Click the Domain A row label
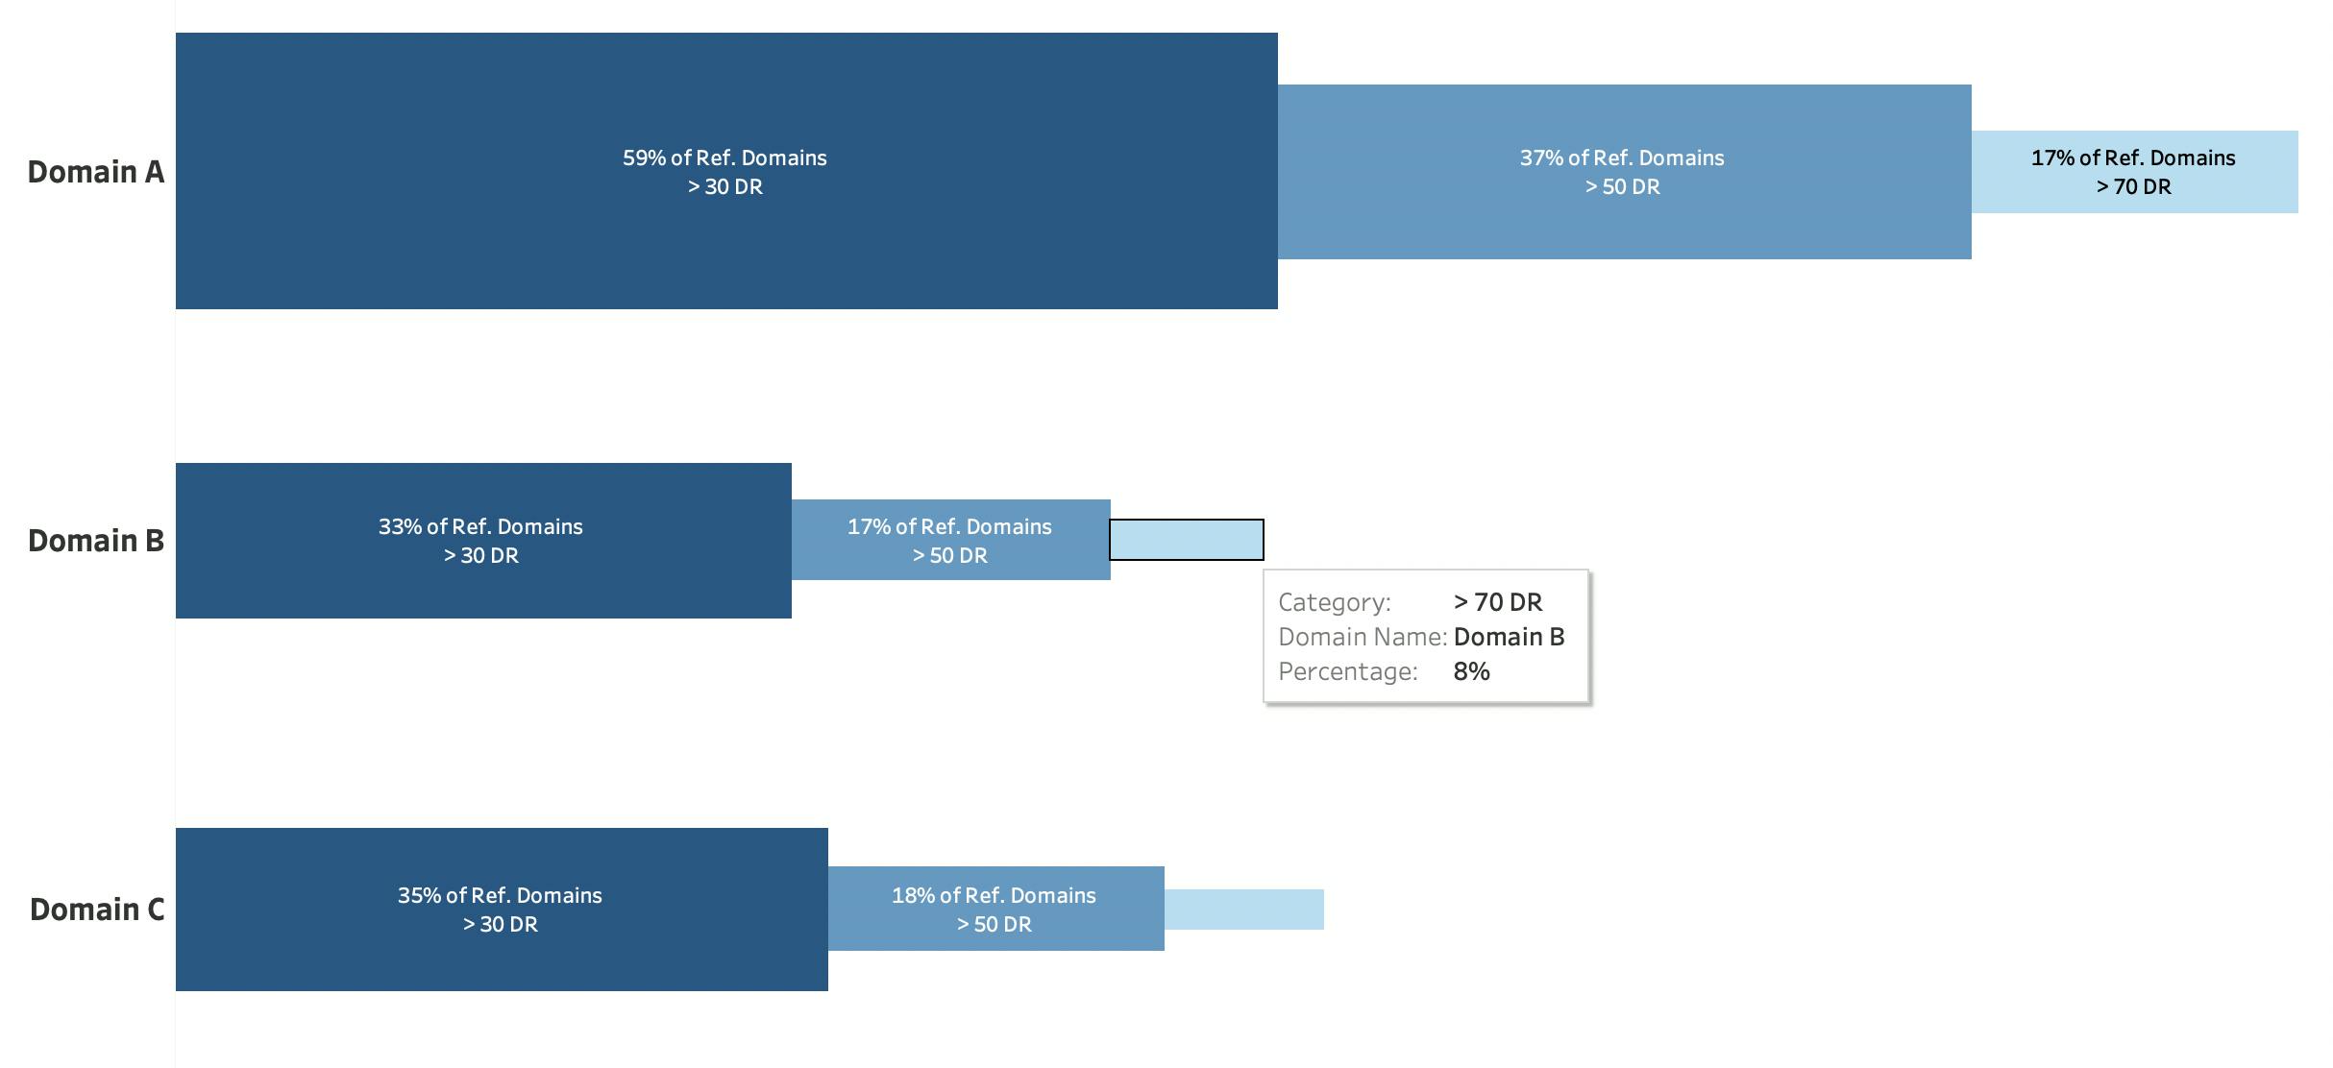point(96,172)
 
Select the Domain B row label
point(96,541)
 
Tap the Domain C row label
point(97,910)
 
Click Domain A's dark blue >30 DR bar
point(726,171)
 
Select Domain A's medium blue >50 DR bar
point(1625,172)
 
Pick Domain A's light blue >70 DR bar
point(2135,172)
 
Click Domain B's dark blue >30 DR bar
point(483,541)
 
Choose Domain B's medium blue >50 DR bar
point(951,540)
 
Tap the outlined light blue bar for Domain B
point(1187,540)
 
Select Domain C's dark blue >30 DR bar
point(502,910)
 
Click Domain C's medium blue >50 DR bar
point(996,909)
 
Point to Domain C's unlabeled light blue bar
point(1244,910)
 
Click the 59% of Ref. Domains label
point(724,158)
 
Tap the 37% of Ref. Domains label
point(1622,158)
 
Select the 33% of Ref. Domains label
point(480,526)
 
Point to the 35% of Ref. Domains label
point(500,895)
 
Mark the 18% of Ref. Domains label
point(994,895)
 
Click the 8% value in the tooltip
point(1472,671)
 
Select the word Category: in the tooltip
point(1335,602)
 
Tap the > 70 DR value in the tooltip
point(1498,602)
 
